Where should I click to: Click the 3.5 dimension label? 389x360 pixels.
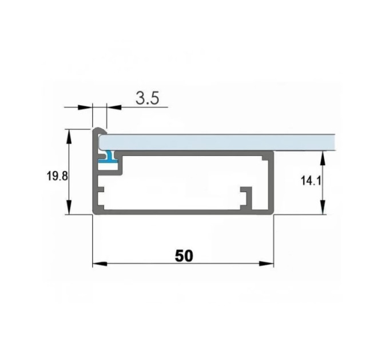click(x=147, y=98)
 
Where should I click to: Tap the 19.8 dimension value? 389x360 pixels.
click(x=57, y=176)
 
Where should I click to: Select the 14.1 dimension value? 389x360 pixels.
click(x=311, y=181)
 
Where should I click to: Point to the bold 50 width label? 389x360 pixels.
click(x=184, y=256)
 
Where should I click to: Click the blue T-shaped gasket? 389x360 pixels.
click(x=109, y=158)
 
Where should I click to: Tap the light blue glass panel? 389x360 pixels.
click(x=217, y=142)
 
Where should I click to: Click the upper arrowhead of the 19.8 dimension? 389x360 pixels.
click(x=69, y=136)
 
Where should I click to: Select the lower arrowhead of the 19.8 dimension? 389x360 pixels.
click(x=69, y=207)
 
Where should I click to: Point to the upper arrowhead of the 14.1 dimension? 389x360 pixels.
click(x=323, y=158)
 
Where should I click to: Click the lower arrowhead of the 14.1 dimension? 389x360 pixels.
click(x=323, y=207)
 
